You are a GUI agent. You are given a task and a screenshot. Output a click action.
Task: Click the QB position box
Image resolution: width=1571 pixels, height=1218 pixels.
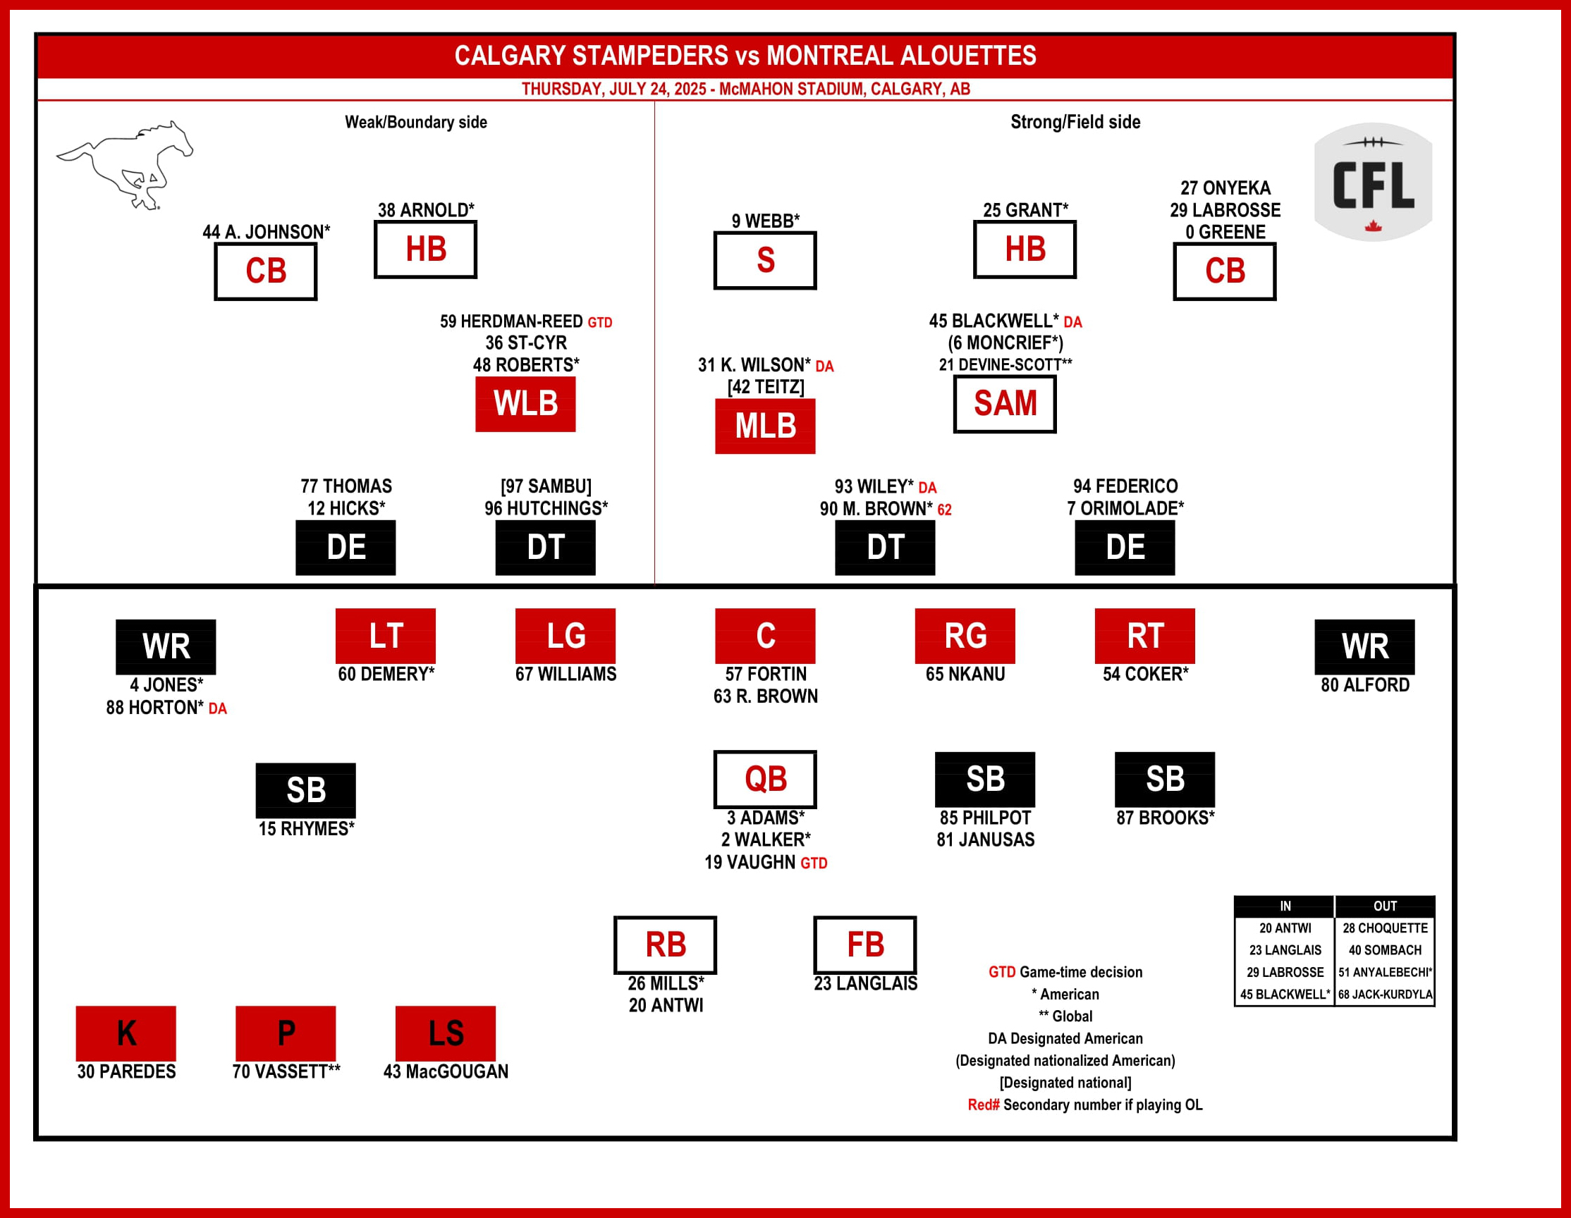pyautogui.click(x=764, y=780)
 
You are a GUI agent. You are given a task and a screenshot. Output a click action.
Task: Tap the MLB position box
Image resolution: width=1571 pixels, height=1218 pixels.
pyautogui.click(x=764, y=426)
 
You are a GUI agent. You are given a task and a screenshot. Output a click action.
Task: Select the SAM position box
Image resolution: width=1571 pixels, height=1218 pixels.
pyautogui.click(x=1004, y=403)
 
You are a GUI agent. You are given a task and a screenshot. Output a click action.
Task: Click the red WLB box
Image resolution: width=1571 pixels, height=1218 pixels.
pyautogui.click(x=525, y=403)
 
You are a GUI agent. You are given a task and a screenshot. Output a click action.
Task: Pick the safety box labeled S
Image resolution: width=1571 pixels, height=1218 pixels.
pyautogui.click(x=764, y=260)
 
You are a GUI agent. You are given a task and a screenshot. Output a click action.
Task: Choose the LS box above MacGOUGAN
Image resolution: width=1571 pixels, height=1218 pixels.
pyautogui.click(x=445, y=1033)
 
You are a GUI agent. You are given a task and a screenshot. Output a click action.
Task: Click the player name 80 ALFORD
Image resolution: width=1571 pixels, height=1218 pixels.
pyautogui.click(x=1364, y=684)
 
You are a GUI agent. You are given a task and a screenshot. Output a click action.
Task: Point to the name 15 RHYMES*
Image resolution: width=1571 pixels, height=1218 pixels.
pyautogui.click(x=307, y=829)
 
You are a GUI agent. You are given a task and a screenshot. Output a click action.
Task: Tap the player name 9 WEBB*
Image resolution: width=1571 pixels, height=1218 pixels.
pyautogui.click(x=765, y=221)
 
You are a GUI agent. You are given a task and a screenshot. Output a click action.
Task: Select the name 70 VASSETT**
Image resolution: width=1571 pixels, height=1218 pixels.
pyautogui.click(x=286, y=1071)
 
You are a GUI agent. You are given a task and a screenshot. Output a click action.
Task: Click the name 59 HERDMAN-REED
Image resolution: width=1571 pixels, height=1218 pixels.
pyautogui.click(x=511, y=321)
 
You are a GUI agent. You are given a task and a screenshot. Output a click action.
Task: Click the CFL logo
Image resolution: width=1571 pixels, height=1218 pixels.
pyautogui.click(x=1372, y=182)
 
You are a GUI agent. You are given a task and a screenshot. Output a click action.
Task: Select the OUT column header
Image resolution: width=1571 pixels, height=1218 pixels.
pyautogui.click(x=1385, y=906)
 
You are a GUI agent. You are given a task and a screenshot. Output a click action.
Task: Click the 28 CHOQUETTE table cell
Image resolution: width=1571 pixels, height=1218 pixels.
pyautogui.click(x=1385, y=928)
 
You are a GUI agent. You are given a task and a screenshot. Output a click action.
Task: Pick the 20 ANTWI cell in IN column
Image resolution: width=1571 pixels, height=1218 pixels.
pyautogui.click(x=1285, y=928)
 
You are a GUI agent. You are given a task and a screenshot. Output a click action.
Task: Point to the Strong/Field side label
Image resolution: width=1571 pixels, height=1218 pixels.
pyautogui.click(x=1075, y=122)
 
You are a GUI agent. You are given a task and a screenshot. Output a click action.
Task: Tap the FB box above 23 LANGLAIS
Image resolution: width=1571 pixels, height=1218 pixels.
pyautogui.click(x=864, y=945)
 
